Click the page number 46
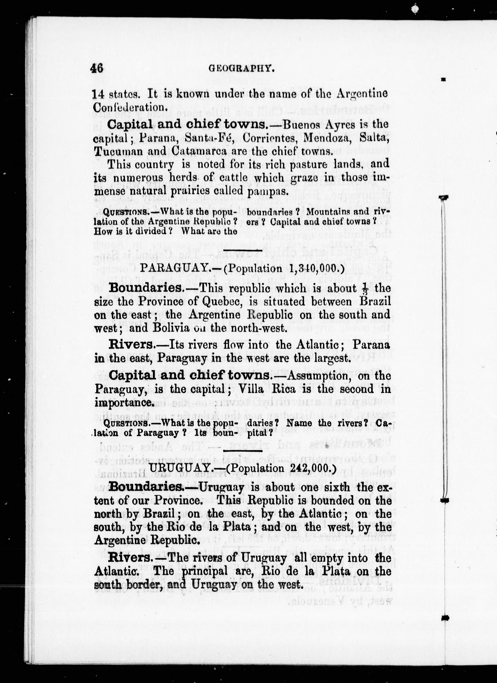coord(96,68)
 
